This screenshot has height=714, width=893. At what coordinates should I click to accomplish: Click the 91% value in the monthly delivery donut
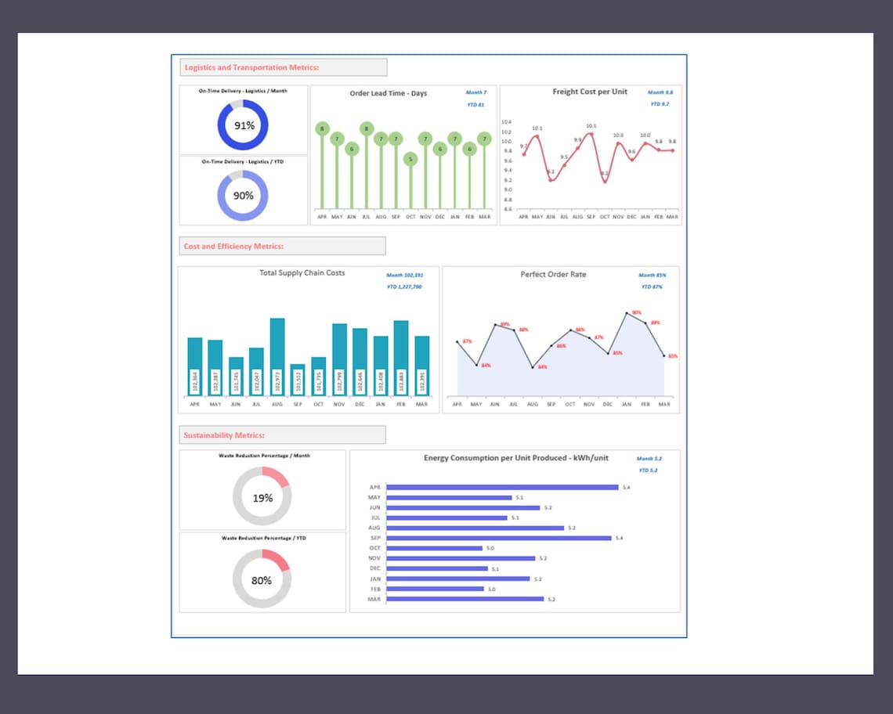pyautogui.click(x=244, y=125)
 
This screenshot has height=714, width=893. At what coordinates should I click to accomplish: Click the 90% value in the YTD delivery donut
pyautogui.click(x=243, y=196)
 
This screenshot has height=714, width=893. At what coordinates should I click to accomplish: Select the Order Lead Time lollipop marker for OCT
pyautogui.click(x=410, y=159)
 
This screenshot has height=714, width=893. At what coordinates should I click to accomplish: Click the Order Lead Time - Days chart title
pyautogui.click(x=388, y=93)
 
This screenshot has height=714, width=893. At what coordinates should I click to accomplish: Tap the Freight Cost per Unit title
pyautogui.click(x=590, y=92)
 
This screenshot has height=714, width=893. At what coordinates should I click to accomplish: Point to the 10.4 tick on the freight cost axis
pyautogui.click(x=506, y=122)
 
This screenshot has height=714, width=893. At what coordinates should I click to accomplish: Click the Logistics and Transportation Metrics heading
pyautogui.click(x=251, y=67)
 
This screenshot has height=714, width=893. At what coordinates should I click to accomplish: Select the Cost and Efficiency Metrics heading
pyautogui.click(x=233, y=246)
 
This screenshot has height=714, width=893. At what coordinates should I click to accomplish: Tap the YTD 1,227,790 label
pyautogui.click(x=404, y=287)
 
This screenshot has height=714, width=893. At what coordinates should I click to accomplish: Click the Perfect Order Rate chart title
pyautogui.click(x=553, y=274)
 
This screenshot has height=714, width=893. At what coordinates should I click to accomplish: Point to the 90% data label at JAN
pyautogui.click(x=636, y=312)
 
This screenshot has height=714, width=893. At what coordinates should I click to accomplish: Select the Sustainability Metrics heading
pyautogui.click(x=224, y=435)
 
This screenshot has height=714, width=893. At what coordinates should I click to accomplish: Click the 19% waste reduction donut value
pyautogui.click(x=262, y=498)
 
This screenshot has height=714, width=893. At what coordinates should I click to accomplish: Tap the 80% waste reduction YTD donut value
pyautogui.click(x=262, y=580)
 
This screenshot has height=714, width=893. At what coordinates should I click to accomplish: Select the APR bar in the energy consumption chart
pyautogui.click(x=502, y=487)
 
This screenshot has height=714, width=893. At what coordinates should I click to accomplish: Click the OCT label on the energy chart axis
pyautogui.click(x=374, y=548)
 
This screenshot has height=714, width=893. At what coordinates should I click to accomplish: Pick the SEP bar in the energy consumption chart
pyautogui.click(x=498, y=538)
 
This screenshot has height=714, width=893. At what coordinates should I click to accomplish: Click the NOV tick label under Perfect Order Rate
pyautogui.click(x=588, y=405)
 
